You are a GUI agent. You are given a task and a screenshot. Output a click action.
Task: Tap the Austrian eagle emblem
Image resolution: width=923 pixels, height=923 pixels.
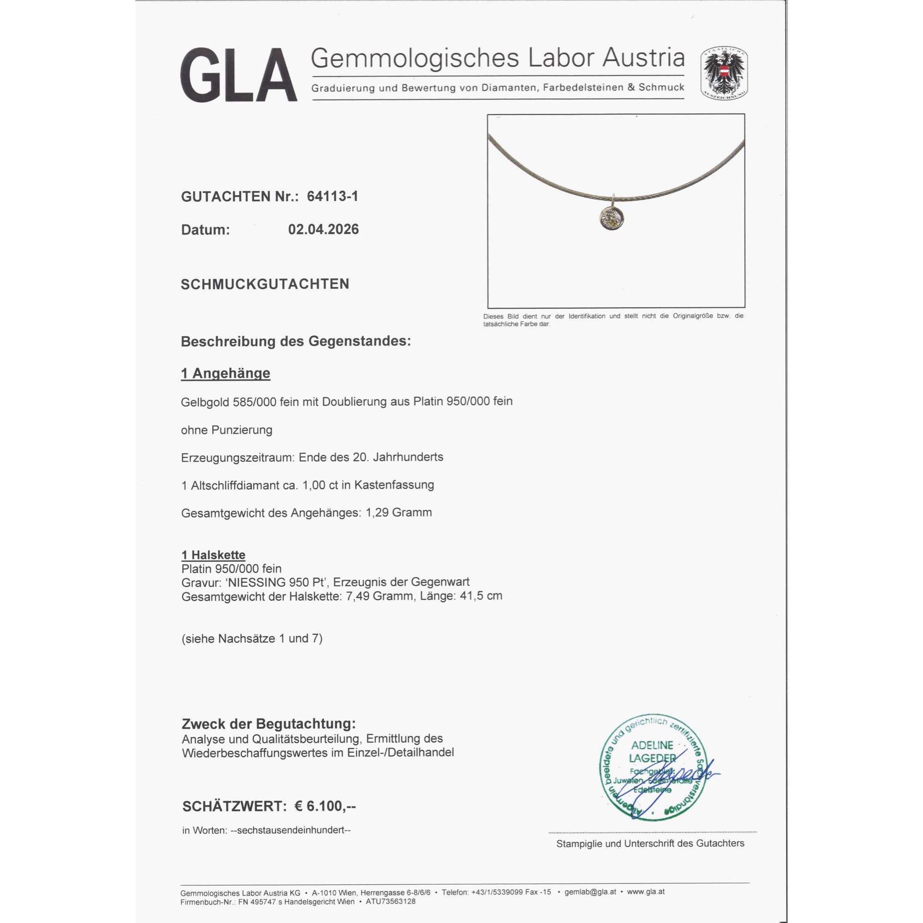(x=724, y=73)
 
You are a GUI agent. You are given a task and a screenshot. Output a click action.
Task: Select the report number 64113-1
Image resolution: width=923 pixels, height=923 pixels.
(x=332, y=196)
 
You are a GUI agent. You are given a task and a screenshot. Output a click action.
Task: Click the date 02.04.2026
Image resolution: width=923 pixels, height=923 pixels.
(x=324, y=229)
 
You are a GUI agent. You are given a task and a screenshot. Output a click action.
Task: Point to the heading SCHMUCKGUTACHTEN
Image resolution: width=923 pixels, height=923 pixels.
(x=264, y=284)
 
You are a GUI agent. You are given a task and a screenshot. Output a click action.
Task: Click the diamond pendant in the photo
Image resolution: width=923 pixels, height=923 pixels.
(x=610, y=219)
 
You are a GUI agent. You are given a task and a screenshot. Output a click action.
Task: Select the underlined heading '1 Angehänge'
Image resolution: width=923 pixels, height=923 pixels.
(x=226, y=373)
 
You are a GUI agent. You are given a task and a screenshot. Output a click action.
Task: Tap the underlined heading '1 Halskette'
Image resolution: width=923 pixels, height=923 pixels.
(x=213, y=555)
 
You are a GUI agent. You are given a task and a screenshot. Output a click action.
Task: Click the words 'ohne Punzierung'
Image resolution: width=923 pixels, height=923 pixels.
(x=227, y=430)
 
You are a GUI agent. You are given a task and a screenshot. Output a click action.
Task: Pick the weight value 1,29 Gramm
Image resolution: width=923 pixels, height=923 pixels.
(x=398, y=513)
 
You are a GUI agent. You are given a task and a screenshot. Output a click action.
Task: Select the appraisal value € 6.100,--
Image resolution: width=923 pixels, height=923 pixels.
(x=325, y=806)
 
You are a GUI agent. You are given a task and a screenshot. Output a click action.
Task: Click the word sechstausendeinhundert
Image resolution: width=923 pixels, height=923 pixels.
(x=290, y=830)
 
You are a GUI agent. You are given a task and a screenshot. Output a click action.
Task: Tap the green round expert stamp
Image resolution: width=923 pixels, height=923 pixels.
(x=653, y=768)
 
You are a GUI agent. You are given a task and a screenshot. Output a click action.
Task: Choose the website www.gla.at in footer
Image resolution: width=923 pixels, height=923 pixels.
(x=646, y=892)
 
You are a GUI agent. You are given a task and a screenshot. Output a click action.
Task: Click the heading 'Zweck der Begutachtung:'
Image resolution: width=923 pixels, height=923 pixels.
(x=269, y=724)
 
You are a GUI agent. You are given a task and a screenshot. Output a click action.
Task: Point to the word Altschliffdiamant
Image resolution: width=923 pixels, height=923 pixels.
(x=235, y=485)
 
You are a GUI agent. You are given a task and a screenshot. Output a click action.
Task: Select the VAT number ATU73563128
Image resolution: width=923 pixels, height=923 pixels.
(x=390, y=901)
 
